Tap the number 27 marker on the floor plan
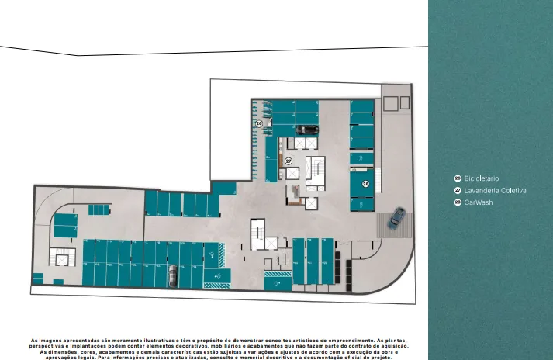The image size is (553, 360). click(288, 161)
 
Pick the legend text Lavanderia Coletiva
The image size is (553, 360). click(495, 190)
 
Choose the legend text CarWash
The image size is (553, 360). click(479, 202)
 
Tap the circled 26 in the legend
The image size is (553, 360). click(458, 178)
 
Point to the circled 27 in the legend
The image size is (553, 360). click(458, 190)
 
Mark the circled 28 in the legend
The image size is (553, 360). click(458, 202)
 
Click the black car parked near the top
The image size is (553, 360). click(307, 130)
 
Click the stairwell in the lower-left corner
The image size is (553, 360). click(59, 260)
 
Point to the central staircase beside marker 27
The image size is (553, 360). click(316, 170)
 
